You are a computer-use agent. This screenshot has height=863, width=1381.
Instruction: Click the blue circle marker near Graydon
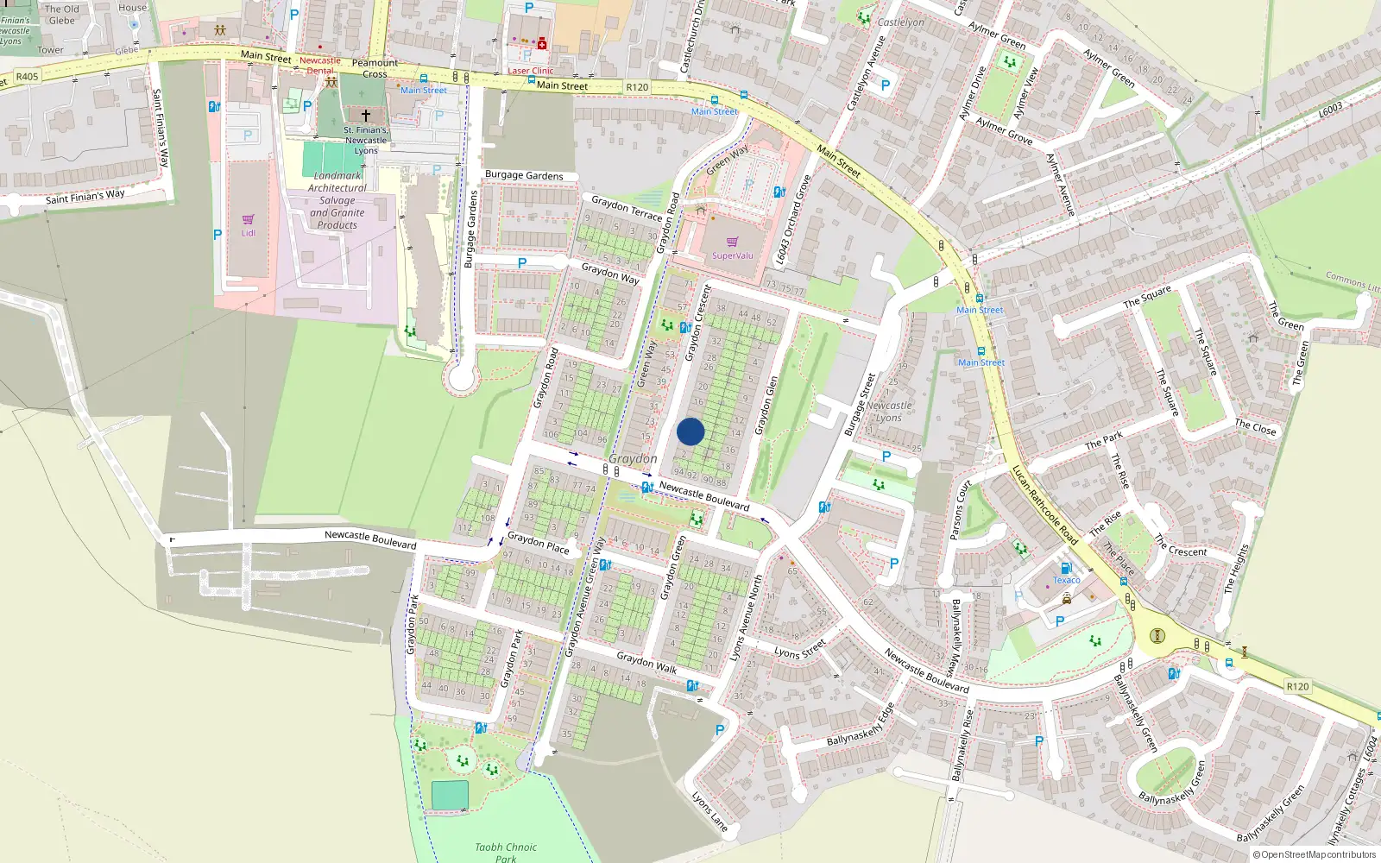click(x=690, y=431)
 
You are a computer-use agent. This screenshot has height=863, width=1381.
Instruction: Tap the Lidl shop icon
click(x=249, y=219)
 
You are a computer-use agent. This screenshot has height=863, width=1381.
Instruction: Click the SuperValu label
click(x=732, y=255)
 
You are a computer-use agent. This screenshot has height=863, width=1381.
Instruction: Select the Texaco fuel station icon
click(x=1066, y=568)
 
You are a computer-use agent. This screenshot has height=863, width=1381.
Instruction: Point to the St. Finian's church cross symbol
click(x=366, y=115)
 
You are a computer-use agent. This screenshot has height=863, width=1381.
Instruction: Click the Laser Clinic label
click(x=530, y=71)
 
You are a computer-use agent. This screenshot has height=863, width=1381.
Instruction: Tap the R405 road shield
click(x=27, y=77)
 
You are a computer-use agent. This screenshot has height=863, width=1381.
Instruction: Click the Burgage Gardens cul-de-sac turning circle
click(x=462, y=377)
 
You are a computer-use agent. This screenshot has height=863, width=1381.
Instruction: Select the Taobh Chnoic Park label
click(x=506, y=852)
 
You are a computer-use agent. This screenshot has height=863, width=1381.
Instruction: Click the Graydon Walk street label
click(x=646, y=663)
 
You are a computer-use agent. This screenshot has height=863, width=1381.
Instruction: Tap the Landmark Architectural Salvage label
click(x=337, y=200)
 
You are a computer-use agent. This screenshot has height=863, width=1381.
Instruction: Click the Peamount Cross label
click(x=375, y=68)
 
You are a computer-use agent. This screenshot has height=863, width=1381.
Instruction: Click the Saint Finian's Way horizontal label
click(x=85, y=197)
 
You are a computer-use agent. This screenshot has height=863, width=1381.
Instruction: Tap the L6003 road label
click(x=1330, y=110)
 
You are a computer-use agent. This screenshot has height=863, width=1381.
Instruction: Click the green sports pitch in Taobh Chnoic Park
click(x=450, y=795)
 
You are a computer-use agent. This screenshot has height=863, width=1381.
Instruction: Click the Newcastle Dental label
click(x=319, y=66)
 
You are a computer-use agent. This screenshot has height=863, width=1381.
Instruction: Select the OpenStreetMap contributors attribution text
click(x=1314, y=854)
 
